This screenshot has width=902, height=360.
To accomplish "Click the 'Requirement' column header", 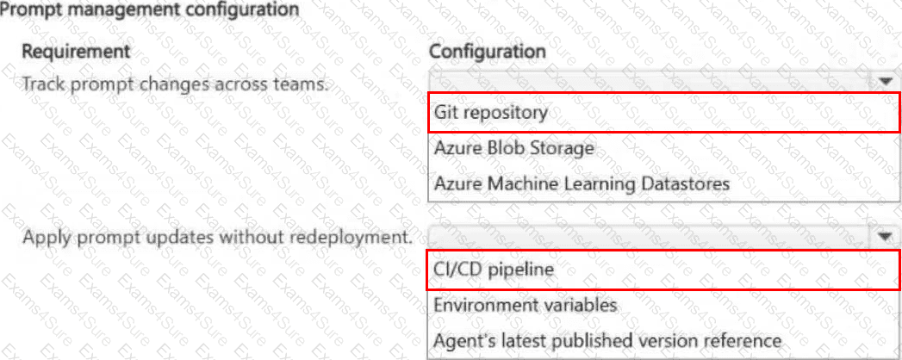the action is click(76, 51).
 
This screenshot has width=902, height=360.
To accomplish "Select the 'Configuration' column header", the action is click(488, 51).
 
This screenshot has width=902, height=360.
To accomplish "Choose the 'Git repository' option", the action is click(491, 113).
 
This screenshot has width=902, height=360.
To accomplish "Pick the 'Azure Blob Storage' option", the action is click(513, 148).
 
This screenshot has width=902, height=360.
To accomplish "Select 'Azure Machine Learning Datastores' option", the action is click(582, 184).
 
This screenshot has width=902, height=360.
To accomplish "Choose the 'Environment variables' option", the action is click(526, 305).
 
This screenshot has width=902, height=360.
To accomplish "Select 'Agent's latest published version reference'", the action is click(607, 340).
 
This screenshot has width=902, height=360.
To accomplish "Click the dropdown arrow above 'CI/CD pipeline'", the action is click(886, 236).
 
